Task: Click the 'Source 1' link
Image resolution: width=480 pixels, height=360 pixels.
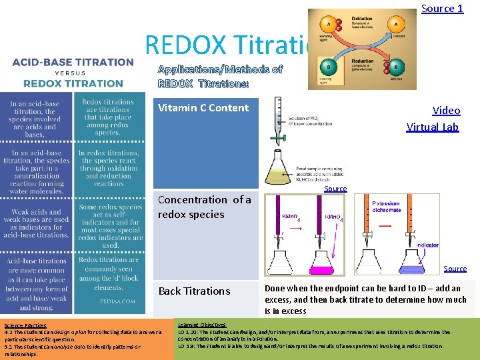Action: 442,9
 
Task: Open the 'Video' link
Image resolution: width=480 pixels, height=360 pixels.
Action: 446,110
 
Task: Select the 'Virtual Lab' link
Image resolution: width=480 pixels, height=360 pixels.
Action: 433,127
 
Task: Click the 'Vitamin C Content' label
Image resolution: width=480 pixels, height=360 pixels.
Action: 203,108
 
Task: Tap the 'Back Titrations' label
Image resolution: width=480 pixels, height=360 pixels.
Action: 193,291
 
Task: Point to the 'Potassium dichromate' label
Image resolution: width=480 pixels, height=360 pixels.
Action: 387,206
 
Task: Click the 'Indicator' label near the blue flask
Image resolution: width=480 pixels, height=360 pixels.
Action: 427,245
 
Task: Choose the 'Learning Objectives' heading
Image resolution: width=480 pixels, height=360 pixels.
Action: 202,325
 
